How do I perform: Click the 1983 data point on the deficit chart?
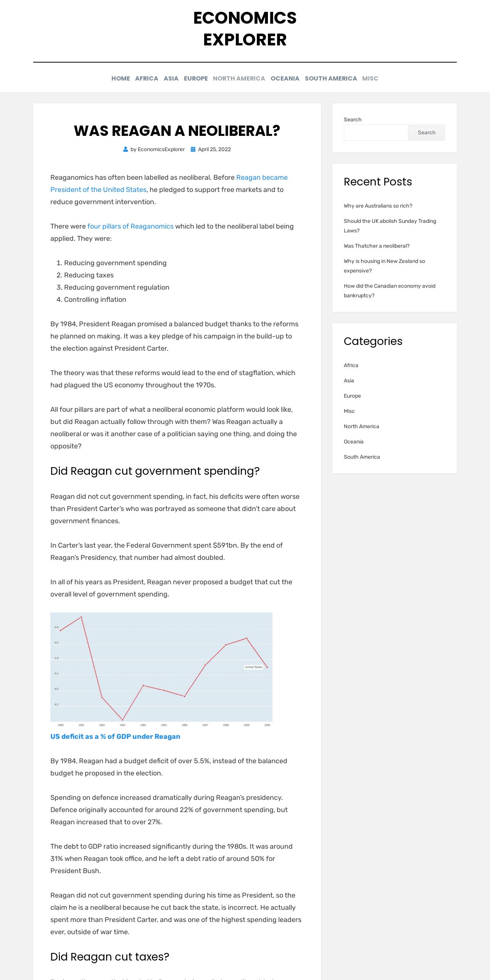[122, 720]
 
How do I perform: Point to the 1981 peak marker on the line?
[81, 617]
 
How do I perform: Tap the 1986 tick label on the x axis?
[185, 725]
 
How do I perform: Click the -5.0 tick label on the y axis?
[56, 658]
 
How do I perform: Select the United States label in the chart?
[254, 667]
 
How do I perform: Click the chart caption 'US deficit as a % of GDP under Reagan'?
[115, 737]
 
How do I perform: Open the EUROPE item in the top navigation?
[196, 78]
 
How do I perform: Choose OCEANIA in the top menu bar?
[285, 78]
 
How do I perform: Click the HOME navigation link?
[121, 78]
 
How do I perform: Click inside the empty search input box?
[376, 132]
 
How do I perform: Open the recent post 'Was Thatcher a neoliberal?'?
[377, 246]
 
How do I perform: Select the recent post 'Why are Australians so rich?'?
[378, 206]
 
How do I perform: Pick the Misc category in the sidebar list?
[349, 411]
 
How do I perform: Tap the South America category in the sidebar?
[362, 457]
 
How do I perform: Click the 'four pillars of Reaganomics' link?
[131, 226]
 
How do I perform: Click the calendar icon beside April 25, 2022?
[193, 149]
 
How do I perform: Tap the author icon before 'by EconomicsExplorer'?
[126, 149]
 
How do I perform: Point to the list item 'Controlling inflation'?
[95, 300]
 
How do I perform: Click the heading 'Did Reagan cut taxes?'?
[110, 957]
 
